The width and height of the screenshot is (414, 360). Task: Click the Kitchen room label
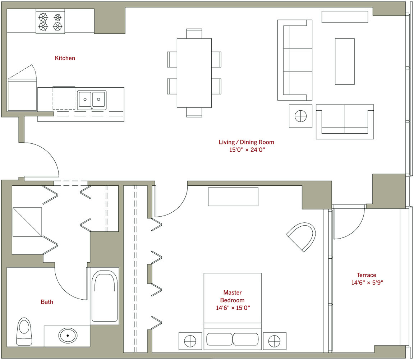click(x=65, y=58)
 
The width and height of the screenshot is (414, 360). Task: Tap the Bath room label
click(x=47, y=302)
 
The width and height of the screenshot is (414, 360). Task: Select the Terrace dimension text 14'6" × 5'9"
click(x=367, y=282)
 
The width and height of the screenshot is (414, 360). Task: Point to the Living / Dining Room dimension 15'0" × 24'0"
click(x=247, y=150)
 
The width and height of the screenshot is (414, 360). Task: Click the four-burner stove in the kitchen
click(x=50, y=22)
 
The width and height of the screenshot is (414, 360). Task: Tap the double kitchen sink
click(x=92, y=100)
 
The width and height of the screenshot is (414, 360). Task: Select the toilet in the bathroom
click(x=24, y=331)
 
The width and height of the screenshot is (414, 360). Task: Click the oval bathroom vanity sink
click(x=68, y=336)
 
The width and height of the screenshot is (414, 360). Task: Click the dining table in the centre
click(x=194, y=73)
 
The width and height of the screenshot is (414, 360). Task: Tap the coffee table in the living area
click(x=345, y=61)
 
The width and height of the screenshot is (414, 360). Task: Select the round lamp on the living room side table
click(x=300, y=116)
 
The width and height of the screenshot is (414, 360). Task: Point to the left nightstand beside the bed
click(x=190, y=341)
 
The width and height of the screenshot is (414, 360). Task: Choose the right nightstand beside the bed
click(x=275, y=341)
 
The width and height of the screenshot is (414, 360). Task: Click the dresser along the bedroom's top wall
click(x=233, y=197)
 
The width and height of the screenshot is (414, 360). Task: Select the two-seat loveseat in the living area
click(x=345, y=122)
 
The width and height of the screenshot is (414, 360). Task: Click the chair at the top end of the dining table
click(x=194, y=33)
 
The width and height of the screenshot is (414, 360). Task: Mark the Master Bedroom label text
click(x=233, y=296)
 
